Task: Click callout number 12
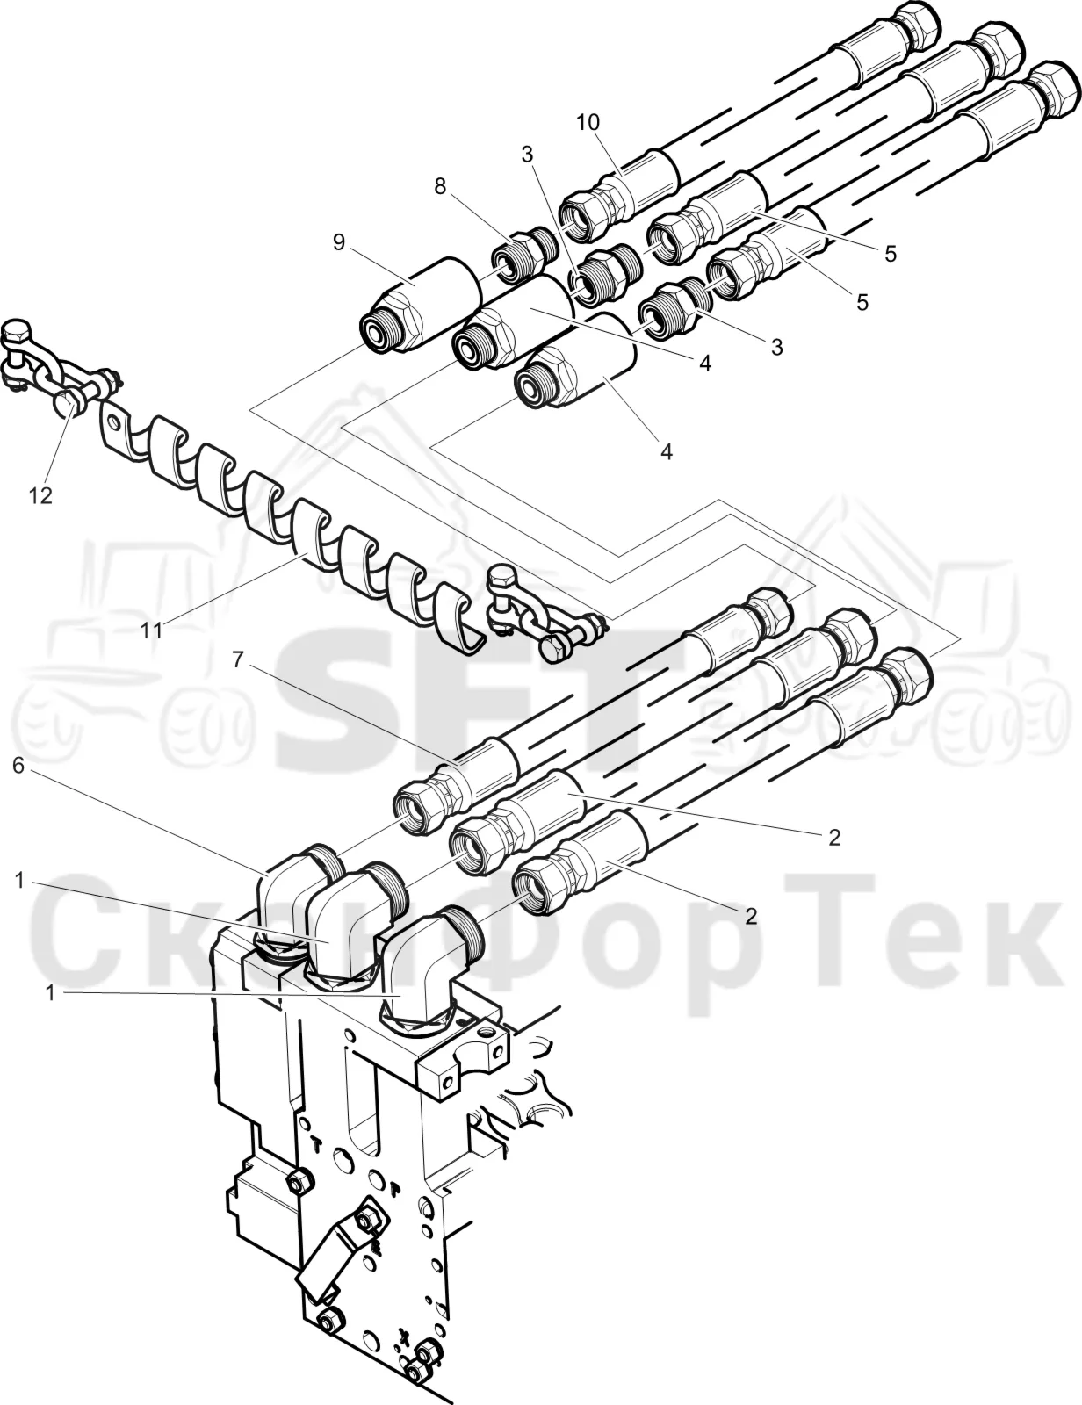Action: (x=40, y=496)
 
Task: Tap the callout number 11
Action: (x=152, y=630)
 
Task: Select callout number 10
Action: (x=588, y=121)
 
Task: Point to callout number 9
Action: (x=339, y=242)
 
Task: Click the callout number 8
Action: (x=439, y=186)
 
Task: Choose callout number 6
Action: (x=18, y=766)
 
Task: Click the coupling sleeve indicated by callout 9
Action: (x=423, y=304)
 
